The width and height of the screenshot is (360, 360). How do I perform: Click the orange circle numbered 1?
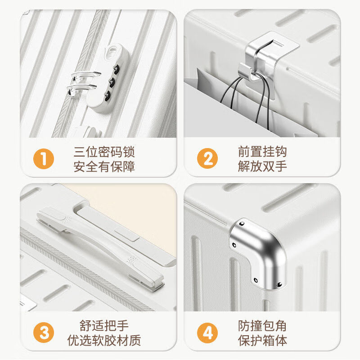pos(44,159)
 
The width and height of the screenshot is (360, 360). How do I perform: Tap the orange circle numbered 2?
pos(207,158)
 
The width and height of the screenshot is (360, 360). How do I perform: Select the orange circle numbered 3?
pos(44,333)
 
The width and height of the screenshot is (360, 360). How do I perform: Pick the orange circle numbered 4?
pos(207,333)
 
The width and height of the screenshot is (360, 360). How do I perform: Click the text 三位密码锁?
pos(104,152)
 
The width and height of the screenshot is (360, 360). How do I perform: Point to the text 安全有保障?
pos(104,166)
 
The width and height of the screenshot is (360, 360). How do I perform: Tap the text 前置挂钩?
pos(262,152)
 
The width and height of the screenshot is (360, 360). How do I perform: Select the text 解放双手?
pos(262,166)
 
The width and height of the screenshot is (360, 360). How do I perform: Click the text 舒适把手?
pos(104,325)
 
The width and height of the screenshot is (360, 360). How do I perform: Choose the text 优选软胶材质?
pos(104,340)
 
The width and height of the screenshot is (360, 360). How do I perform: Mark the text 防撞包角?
pos(262,326)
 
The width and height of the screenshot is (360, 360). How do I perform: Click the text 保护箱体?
pos(262,341)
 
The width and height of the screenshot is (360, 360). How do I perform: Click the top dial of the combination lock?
pos(117,69)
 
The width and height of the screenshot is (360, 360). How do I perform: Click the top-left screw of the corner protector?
pos(242,224)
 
